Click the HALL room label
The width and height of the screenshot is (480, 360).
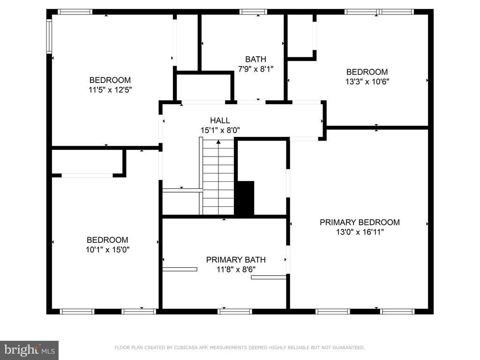(x=220, y=120)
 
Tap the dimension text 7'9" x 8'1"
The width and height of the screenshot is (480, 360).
(x=255, y=69)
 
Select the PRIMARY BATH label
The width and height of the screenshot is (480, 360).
(x=236, y=260)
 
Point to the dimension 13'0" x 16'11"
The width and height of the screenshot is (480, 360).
(x=360, y=232)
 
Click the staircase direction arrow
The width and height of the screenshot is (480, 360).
(x=218, y=177)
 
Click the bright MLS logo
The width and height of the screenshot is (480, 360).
(x=29, y=350)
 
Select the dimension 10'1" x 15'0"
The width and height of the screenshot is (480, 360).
(x=107, y=249)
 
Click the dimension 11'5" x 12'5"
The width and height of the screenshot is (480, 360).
(x=110, y=90)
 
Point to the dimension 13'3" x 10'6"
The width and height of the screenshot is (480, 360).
(x=367, y=82)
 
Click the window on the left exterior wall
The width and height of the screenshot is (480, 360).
(x=49, y=36)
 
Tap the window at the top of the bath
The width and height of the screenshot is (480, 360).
(x=253, y=12)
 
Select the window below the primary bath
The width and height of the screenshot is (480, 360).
(x=235, y=312)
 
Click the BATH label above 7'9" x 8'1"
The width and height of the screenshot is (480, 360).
(x=255, y=59)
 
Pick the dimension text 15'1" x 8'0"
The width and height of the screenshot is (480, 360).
(x=220, y=130)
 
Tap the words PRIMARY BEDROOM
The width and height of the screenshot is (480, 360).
(x=360, y=222)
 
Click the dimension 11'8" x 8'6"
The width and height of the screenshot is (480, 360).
(x=236, y=270)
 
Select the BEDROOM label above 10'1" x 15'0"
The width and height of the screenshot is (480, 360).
(x=107, y=240)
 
